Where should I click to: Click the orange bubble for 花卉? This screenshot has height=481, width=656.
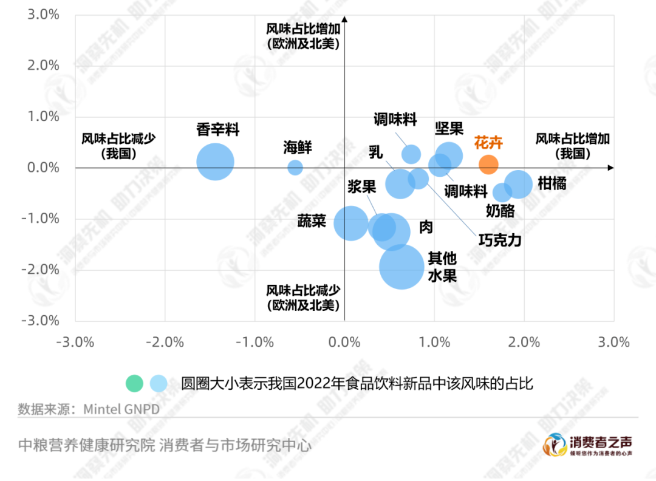coord(488,164)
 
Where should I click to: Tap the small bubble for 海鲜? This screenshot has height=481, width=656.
coord(295,167)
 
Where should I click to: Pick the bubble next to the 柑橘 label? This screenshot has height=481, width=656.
coord(518,184)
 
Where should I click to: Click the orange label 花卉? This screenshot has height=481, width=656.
coord(488,143)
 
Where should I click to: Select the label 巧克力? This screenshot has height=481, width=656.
coord(500,240)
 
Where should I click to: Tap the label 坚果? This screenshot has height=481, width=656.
coord(449,128)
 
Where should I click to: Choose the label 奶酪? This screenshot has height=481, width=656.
coord(501,211)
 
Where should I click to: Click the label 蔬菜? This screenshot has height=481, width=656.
coord(312,221)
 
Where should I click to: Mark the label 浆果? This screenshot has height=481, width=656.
coord(362,186)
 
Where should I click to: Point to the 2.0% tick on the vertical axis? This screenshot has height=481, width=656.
coord(43,66)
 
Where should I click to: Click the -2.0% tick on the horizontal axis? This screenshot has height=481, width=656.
coord(165,342)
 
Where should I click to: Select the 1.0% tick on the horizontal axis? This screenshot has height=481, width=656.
coord(434,342)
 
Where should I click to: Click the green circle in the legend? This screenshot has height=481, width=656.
coord(134,383)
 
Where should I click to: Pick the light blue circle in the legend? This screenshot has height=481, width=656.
coord(159,383)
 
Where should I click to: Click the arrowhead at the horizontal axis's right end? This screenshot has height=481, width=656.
coord(610,167)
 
